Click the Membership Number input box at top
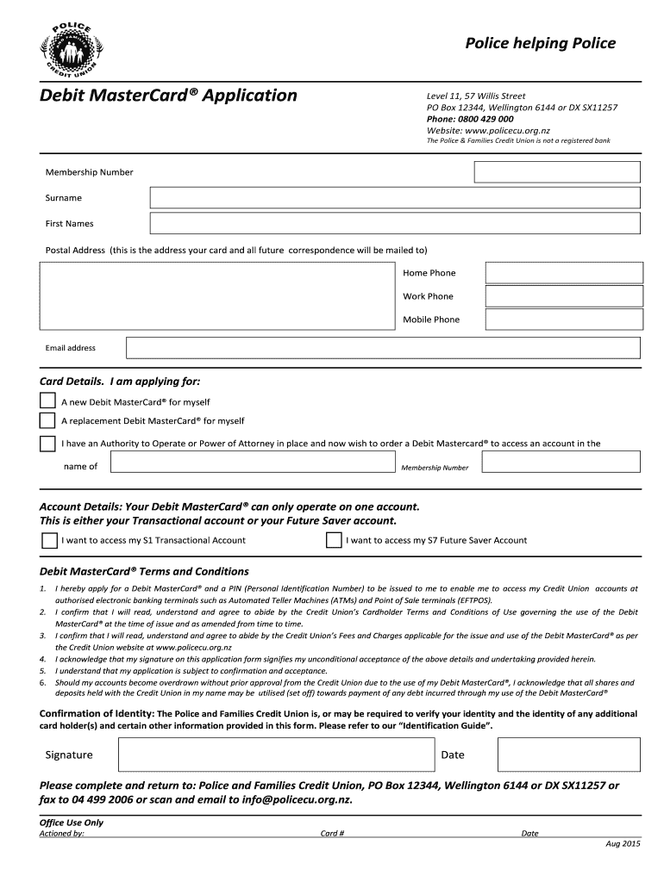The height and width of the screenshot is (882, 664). tap(557, 172)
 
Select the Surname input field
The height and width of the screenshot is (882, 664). tap(395, 198)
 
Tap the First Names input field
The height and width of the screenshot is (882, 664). tap(395, 224)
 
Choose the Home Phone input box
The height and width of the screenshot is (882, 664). tap(564, 273)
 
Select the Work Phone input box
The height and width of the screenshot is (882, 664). tap(564, 296)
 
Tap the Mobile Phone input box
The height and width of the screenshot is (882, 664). tap(564, 320)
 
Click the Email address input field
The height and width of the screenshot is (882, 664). tap(383, 348)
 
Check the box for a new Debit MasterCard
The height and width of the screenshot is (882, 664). tap(47, 401)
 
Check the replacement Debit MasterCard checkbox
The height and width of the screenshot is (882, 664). tap(47, 421)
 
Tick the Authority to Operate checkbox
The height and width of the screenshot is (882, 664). tap(47, 444)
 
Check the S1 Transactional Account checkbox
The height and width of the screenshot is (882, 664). tap(49, 540)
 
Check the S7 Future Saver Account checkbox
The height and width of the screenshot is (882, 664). tap(334, 540)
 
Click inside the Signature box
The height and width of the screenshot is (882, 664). tap(274, 755)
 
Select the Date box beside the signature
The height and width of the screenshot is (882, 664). tap(569, 755)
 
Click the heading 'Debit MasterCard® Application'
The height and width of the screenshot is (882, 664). tap(168, 96)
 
